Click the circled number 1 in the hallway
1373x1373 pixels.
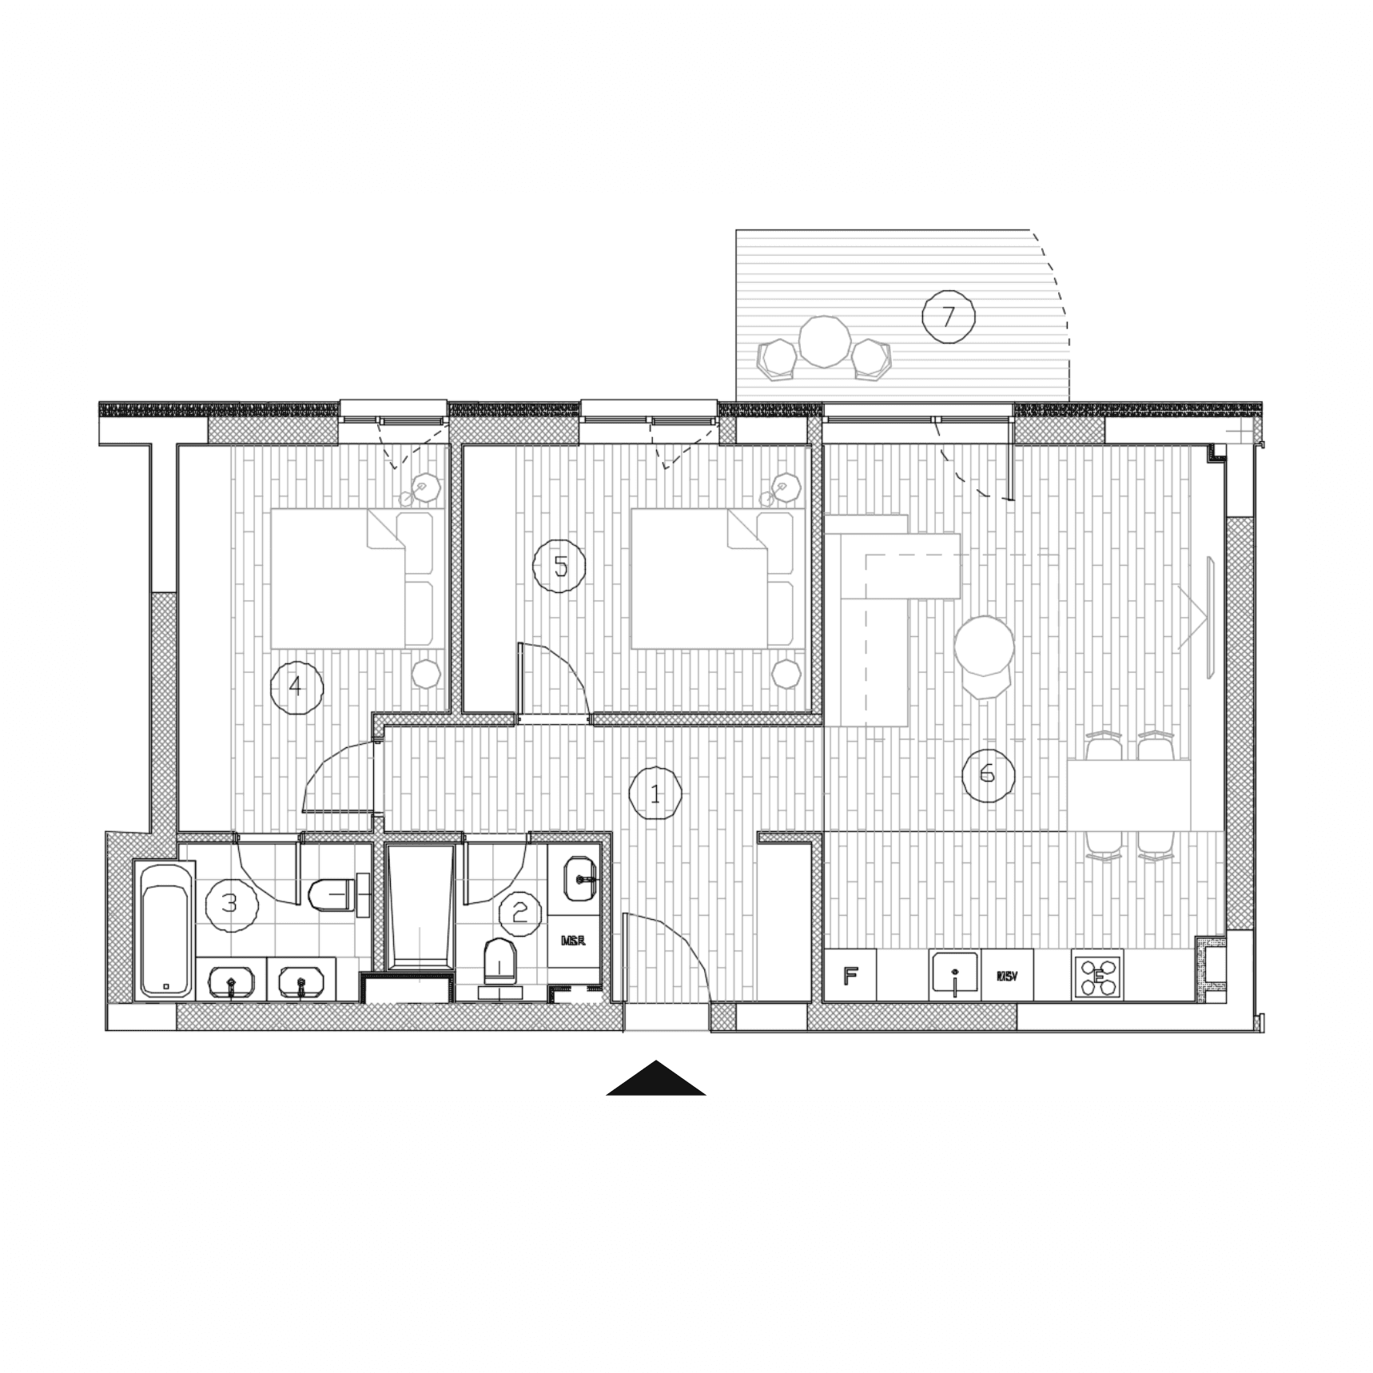click(x=655, y=794)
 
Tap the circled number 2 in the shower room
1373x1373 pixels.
click(x=520, y=911)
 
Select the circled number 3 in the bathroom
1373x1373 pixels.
click(x=231, y=904)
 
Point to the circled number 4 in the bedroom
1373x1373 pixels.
click(x=296, y=686)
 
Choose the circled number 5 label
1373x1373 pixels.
click(x=559, y=566)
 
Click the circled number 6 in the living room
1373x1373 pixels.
click(x=988, y=773)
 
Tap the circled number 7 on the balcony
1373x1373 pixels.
click(x=948, y=316)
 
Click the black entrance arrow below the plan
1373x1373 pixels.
click(x=656, y=1079)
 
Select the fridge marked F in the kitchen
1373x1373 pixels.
click(x=850, y=975)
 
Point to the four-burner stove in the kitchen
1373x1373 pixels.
click(x=1097, y=975)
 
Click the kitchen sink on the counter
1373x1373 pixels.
click(x=954, y=975)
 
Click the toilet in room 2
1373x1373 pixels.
click(x=501, y=963)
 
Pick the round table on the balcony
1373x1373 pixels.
click(x=824, y=341)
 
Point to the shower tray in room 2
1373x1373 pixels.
click(x=420, y=907)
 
